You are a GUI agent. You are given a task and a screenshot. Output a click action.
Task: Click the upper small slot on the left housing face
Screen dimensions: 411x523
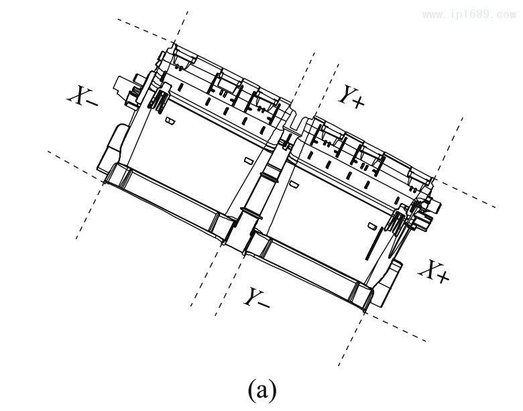pyautogui.click(x=170, y=121)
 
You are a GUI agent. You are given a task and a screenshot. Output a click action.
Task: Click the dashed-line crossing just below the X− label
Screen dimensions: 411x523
pyautogui.click(x=102, y=180)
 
